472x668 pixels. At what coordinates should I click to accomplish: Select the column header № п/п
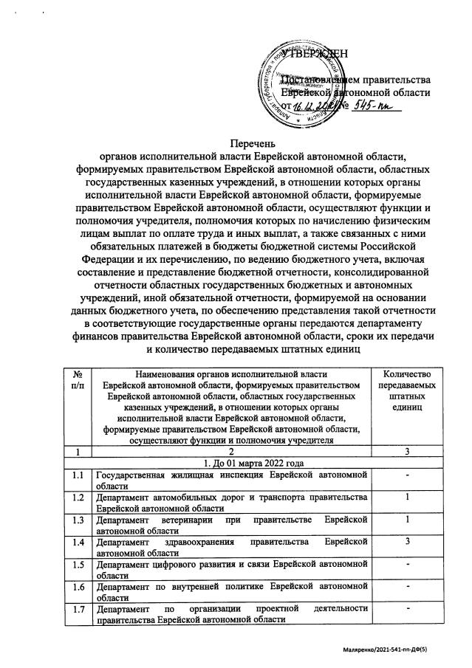[78, 382]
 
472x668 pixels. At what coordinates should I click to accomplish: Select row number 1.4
[78, 543]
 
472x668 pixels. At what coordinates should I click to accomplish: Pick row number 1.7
[78, 609]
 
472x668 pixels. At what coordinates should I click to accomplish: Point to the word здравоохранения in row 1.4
[192, 543]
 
